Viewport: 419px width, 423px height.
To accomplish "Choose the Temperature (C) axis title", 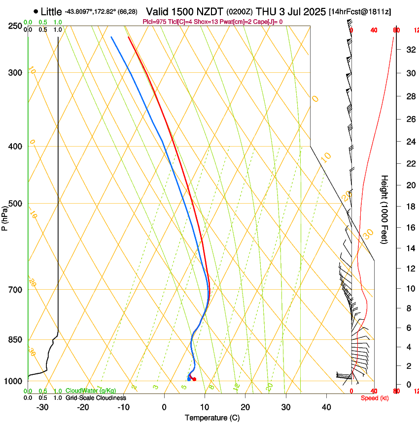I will pos(212,418).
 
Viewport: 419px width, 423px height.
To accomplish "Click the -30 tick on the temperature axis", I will pos(42,407).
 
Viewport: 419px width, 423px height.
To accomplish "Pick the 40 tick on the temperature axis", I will pos(326,407).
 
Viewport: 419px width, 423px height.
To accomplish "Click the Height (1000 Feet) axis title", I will pos(385,210).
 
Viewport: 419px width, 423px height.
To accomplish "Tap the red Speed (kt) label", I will pos(375,398).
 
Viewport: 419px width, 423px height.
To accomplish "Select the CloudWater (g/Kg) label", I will pos(91,391).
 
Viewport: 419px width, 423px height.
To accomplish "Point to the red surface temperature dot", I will pos(194,379).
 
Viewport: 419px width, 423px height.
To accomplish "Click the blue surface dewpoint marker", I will pos(189,379).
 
